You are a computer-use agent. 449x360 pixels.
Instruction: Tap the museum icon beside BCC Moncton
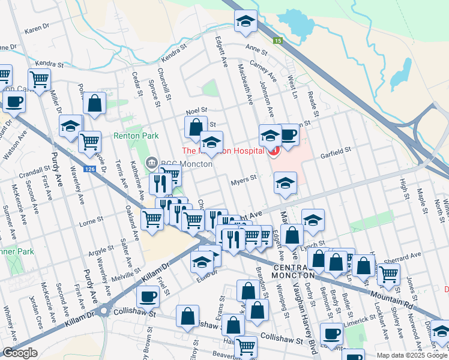[151, 163]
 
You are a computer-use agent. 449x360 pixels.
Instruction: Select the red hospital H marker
[274, 151]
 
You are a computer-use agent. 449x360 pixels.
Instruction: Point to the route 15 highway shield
[277, 41]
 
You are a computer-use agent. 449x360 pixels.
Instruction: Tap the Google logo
[20, 353]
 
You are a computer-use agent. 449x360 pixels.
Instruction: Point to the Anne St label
[255, 50]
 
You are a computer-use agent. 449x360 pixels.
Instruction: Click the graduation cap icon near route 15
[246, 22]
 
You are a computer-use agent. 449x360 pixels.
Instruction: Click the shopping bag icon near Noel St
[196, 127]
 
